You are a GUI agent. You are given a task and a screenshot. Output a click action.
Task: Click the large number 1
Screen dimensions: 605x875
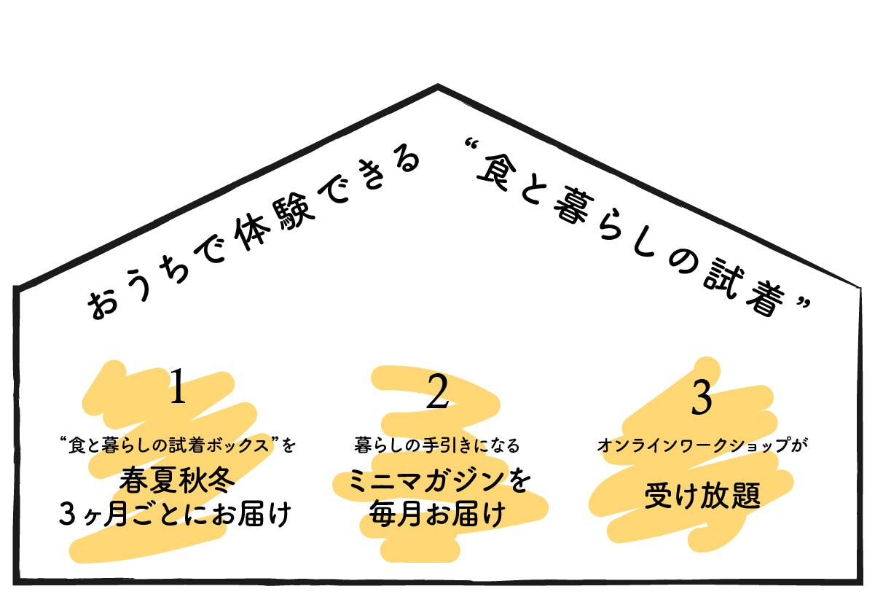[178, 386]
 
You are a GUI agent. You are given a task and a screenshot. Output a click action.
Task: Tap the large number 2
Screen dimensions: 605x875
[436, 391]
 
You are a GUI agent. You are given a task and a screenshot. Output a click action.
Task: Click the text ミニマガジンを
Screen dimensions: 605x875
[439, 482]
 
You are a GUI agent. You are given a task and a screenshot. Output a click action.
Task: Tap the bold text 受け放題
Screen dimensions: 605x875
[702, 497]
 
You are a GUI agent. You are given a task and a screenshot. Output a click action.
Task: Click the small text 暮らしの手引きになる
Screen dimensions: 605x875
[437, 444]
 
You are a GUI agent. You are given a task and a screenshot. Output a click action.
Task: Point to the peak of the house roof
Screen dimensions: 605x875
[437, 87]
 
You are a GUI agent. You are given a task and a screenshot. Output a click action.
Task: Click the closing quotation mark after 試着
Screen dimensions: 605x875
[802, 301]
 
